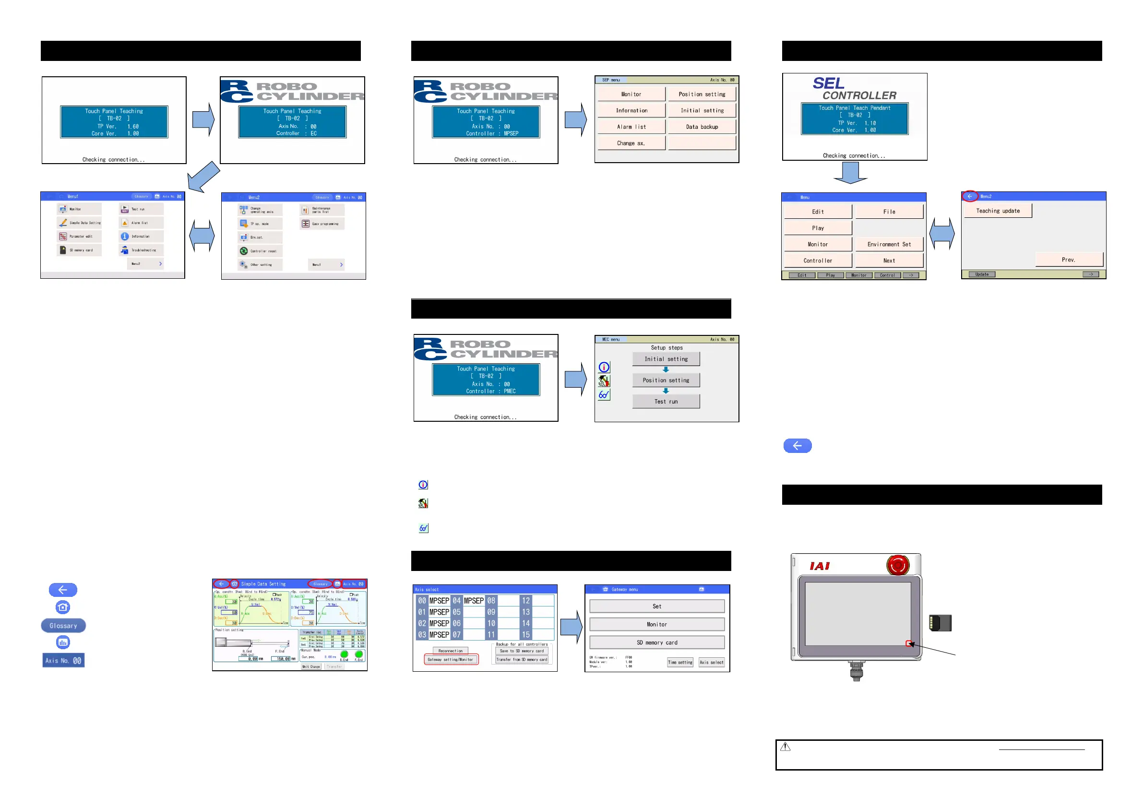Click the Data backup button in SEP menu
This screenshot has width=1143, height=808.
coord(702,127)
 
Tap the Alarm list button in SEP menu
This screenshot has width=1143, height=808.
coord(631,127)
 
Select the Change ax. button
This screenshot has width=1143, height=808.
coord(631,143)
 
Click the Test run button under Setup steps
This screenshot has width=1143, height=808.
coord(666,401)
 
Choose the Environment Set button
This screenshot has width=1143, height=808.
coord(889,244)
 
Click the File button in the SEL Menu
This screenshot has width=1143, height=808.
coord(889,212)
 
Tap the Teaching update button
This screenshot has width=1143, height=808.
coord(998,211)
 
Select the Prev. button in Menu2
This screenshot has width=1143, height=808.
coord(1068,260)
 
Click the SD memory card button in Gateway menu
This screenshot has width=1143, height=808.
coord(656,643)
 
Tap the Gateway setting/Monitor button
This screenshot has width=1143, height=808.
coord(451,660)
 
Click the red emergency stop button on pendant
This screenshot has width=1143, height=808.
coord(898,566)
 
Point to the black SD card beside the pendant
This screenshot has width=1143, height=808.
coord(940,623)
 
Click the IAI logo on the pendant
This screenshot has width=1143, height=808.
coord(820,566)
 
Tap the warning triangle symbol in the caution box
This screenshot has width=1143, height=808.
coord(785,747)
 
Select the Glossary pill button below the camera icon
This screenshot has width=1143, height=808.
coord(63,626)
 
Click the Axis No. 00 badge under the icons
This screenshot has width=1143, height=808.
coord(63,661)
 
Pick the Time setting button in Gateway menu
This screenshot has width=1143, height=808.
coord(679,663)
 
